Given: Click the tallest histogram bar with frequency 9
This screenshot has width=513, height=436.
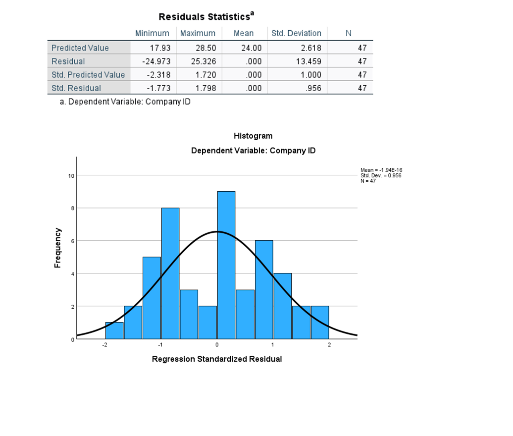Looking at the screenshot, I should (226, 265).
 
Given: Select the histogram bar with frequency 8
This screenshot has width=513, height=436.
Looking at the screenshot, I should (170, 273).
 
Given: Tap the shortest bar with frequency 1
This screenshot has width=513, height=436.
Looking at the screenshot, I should (114, 330).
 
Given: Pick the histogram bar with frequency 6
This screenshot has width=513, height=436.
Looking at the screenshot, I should (264, 289).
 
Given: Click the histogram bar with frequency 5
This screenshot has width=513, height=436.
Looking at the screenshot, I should (152, 297).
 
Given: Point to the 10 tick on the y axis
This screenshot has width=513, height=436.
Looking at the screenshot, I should (71, 176).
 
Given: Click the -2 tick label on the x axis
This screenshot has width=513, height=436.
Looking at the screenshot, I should (104, 344).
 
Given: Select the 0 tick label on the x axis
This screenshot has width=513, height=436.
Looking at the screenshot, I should (217, 344).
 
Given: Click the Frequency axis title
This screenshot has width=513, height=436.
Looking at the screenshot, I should (58, 248).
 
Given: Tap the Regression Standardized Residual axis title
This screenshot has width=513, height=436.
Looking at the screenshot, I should (217, 359).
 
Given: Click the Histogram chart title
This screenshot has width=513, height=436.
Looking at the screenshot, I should (253, 136).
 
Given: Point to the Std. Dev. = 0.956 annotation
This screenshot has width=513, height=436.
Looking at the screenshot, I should (380, 175).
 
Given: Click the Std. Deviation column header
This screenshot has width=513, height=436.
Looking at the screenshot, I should (297, 33).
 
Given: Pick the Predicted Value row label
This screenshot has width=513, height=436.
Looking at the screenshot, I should (80, 48).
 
